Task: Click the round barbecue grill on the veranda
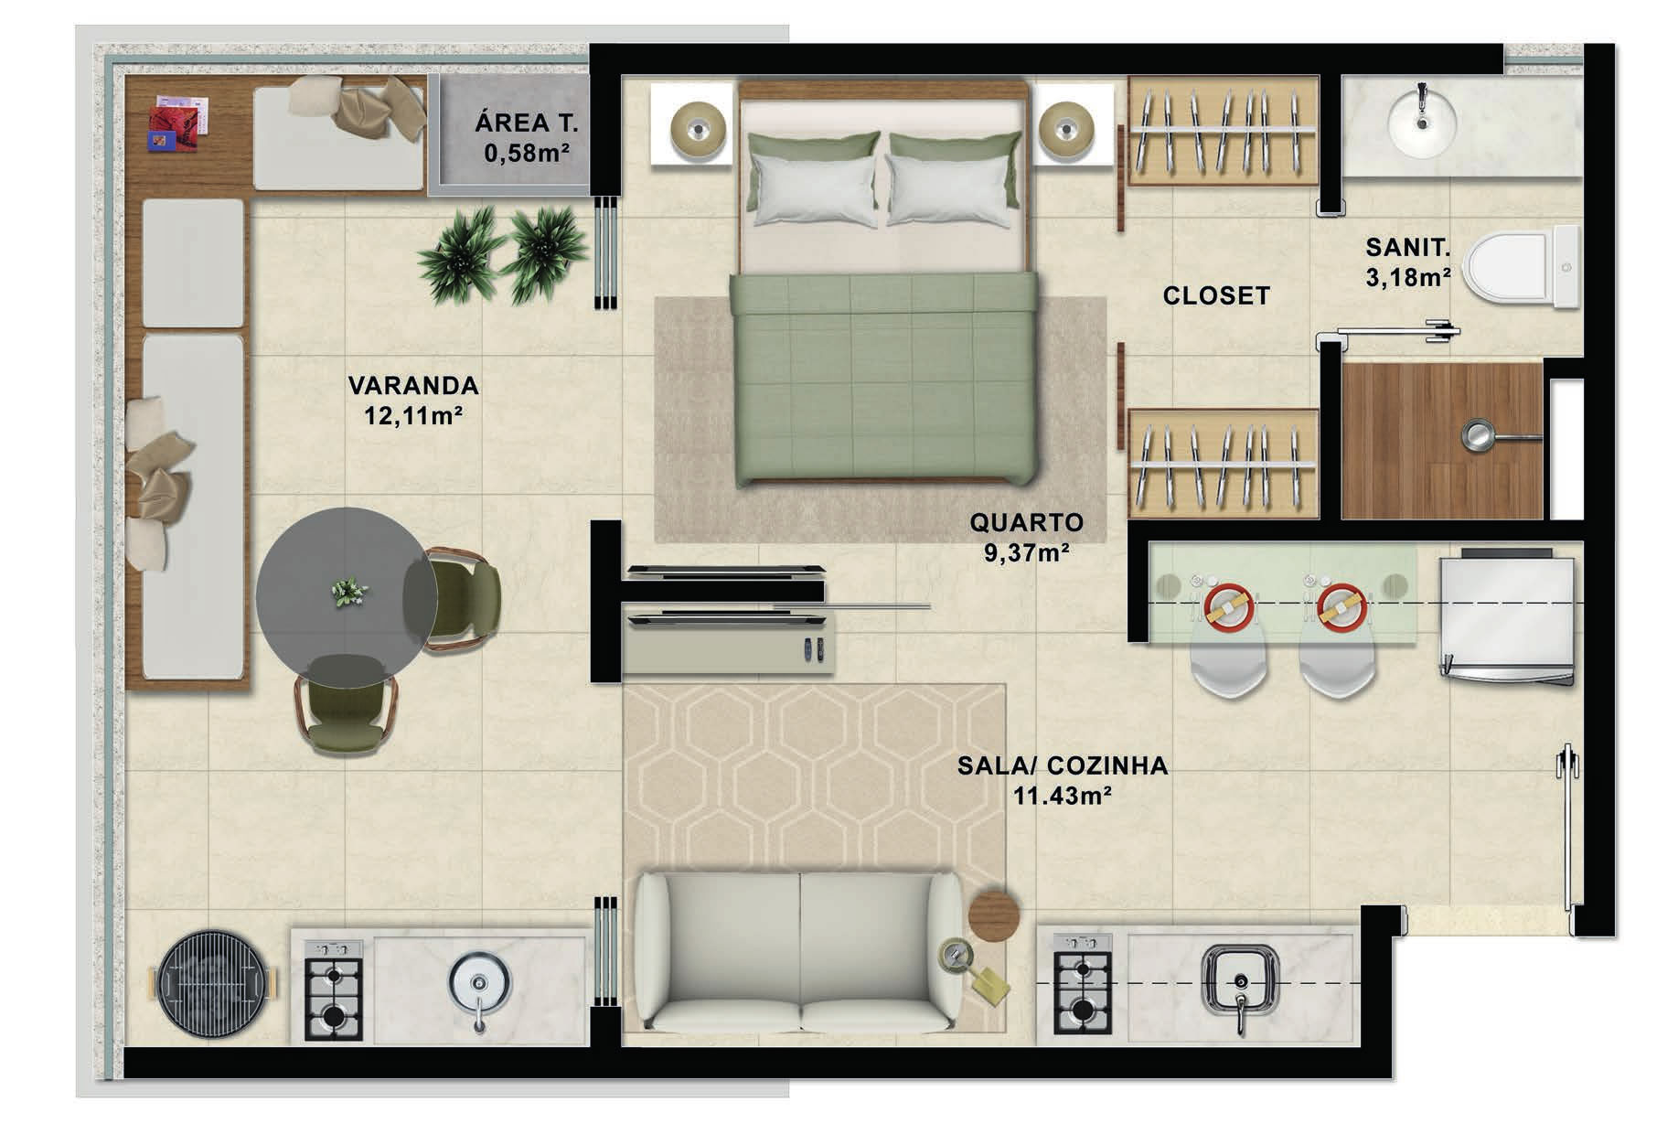tap(215, 986)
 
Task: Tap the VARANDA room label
tap(413, 385)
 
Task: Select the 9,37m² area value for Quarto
tap(1026, 552)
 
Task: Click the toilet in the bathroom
tap(1522, 268)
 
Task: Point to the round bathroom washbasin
tap(1422, 125)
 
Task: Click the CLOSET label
tap(1216, 295)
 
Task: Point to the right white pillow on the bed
tap(947, 189)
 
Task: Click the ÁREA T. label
tap(526, 123)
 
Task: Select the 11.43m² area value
tap(1062, 796)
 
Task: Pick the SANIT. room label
tap(1407, 247)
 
